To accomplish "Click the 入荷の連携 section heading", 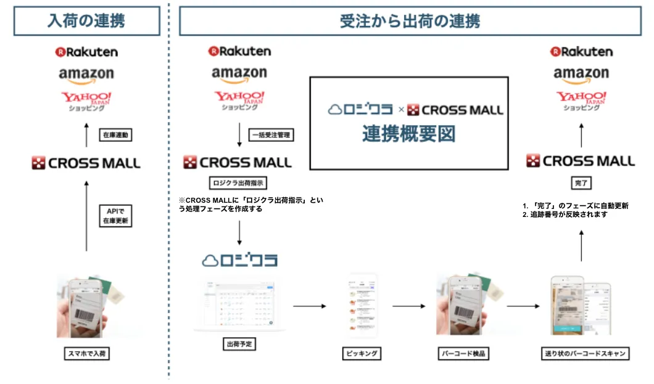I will pyautogui.click(x=86, y=21).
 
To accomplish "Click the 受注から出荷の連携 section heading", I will pyautogui.click(x=410, y=21).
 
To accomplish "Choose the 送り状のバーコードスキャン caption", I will pyautogui.click(x=583, y=354).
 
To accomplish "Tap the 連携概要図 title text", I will pyautogui.click(x=408, y=134).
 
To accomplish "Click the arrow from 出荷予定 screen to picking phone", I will pyautogui.click(x=308, y=305).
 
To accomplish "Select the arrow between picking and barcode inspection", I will pyautogui.click(x=409, y=305).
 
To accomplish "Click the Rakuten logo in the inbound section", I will pyautogui.click(x=86, y=52).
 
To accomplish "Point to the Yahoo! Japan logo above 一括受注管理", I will pyautogui.click(x=239, y=100).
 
